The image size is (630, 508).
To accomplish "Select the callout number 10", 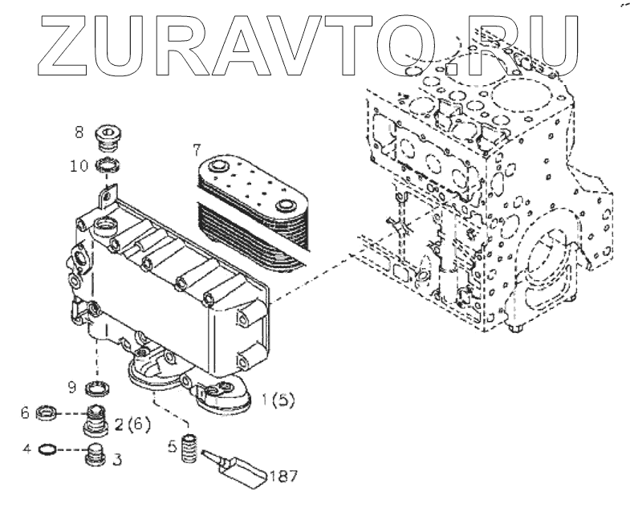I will point(78,166).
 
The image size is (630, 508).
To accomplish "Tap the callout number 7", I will point(195,149).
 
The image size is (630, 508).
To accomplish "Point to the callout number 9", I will point(71,388).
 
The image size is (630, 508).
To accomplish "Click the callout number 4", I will point(27,449).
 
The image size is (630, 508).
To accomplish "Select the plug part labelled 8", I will point(107,137).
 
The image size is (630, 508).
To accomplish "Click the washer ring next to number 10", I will point(107,166).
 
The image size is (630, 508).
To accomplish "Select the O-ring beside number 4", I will point(48,449).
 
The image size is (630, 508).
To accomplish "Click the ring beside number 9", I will point(98,390).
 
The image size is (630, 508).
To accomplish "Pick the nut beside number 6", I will point(48,415).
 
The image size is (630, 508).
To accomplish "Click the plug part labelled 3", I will point(96,454).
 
